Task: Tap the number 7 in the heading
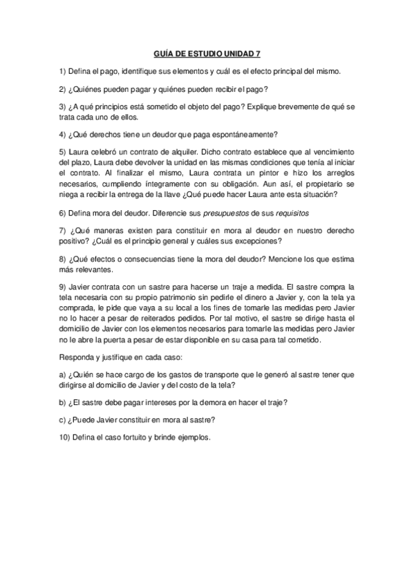pyautogui.click(x=258, y=52)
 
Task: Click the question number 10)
pyautogui.click(x=66, y=437)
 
